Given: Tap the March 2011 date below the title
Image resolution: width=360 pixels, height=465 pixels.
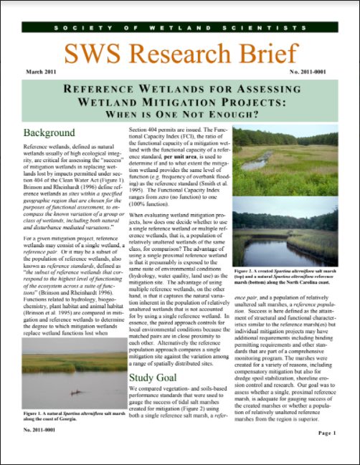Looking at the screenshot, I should pos(39,73).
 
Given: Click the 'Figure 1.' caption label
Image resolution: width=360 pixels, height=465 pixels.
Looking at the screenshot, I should pos(37,413).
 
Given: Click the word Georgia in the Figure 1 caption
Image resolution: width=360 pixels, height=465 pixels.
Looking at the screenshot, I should pos(75,420).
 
